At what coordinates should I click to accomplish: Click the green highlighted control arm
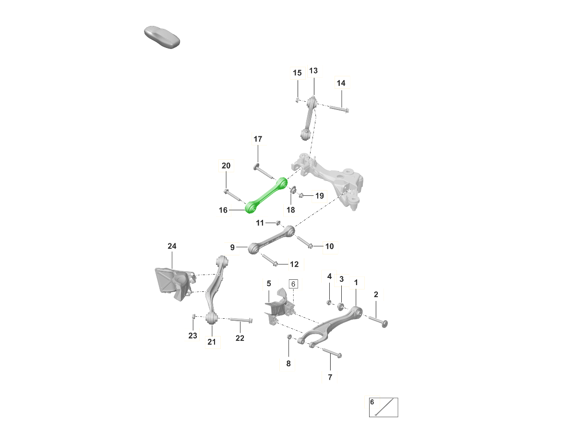[x=266, y=195]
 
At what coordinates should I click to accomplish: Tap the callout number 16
[x=223, y=210]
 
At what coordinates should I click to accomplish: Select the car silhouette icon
[x=162, y=37]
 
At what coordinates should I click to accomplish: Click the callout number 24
[x=172, y=246]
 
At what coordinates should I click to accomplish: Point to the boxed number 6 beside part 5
[x=293, y=284]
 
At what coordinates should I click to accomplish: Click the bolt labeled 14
[x=339, y=108]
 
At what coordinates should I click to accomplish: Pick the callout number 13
[x=313, y=71]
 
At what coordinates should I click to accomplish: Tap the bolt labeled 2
[x=378, y=321]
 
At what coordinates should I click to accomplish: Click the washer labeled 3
[x=341, y=306]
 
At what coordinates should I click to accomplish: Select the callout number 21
[x=212, y=342]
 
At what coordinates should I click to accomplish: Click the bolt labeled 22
[x=241, y=320]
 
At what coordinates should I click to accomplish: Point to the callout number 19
[x=319, y=196]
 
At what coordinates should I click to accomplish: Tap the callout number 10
[x=329, y=246]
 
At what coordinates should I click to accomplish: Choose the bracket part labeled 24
[x=175, y=284]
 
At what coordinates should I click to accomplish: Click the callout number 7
[x=330, y=377]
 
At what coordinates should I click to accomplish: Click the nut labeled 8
[x=289, y=336]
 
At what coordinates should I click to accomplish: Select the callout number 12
[x=294, y=264]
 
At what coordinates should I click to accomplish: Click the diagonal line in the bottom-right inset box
[x=384, y=407]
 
